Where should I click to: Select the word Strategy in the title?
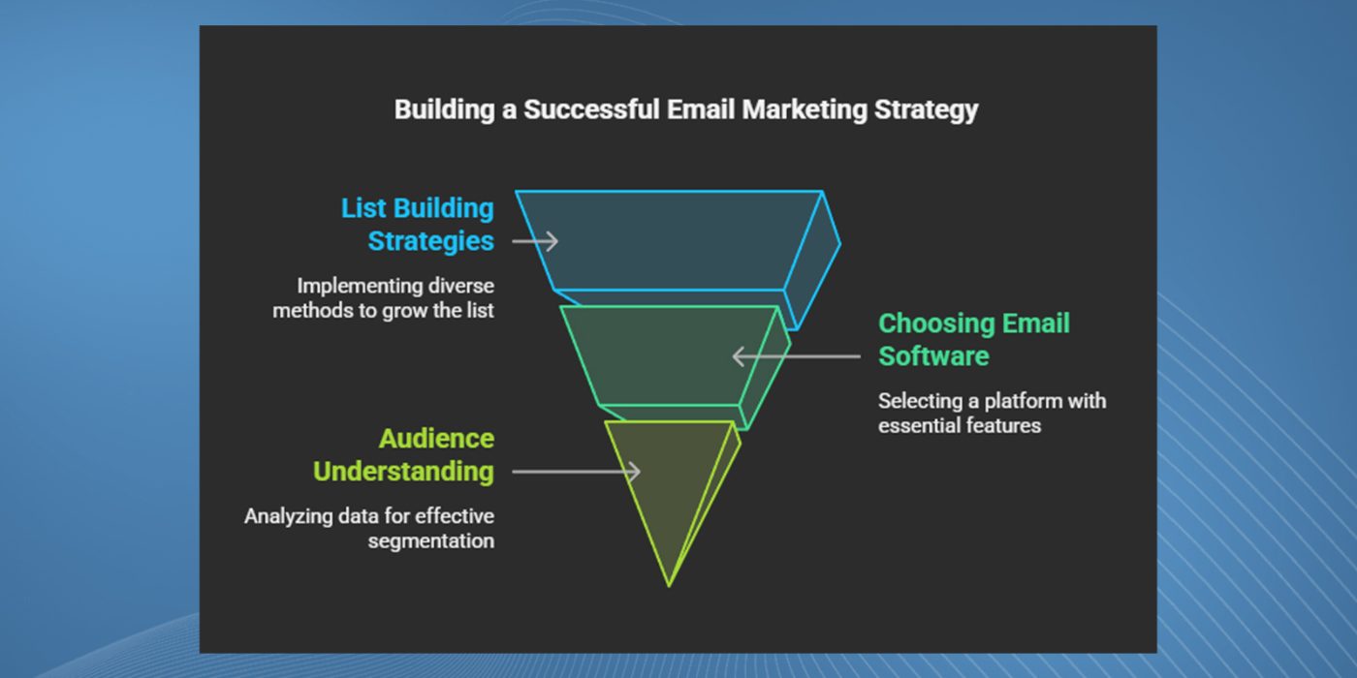(x=927, y=110)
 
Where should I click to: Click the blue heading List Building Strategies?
(x=418, y=225)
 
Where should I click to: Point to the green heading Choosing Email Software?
(x=974, y=340)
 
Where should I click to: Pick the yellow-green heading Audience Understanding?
(x=403, y=455)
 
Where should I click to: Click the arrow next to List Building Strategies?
(x=535, y=241)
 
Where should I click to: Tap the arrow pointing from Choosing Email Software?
(x=797, y=356)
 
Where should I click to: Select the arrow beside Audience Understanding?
(x=576, y=472)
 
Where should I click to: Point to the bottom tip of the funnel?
(x=669, y=586)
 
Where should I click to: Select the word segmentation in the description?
(x=430, y=541)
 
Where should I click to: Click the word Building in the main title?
(x=445, y=110)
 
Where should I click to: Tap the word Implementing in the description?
(x=360, y=287)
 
